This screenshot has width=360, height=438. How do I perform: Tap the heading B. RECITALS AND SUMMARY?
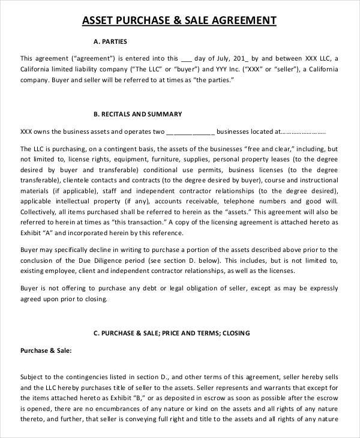click(x=138, y=113)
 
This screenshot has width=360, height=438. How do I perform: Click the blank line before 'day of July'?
click(x=187, y=59)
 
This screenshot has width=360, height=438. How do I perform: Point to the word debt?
click(x=142, y=289)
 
